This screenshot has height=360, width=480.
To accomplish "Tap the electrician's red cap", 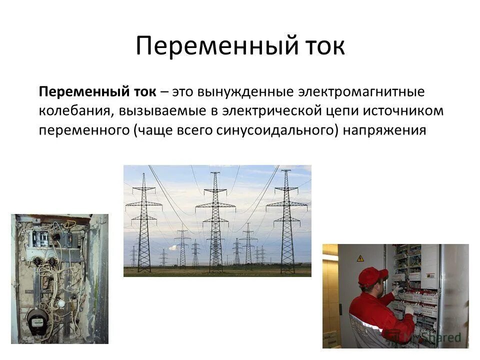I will coord(372,275).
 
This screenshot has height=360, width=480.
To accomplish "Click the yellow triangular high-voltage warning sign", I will coord(360,258).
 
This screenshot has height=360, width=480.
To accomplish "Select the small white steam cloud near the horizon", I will coord(172,248).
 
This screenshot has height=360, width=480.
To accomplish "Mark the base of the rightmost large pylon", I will coord(287,270).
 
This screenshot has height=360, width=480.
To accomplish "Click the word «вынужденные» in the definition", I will coord(233,92).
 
